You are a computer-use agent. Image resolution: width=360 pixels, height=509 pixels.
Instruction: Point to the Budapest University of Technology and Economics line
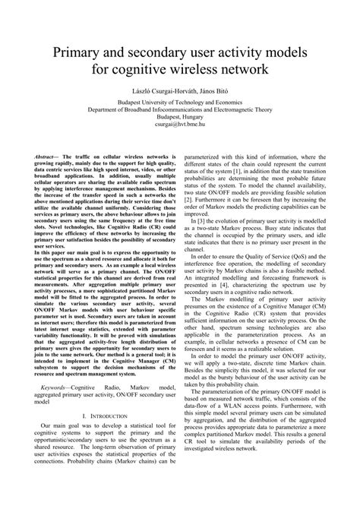(x=180, y=100)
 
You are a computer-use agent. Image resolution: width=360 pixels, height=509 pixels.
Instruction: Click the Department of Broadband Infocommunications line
(x=180, y=109)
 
